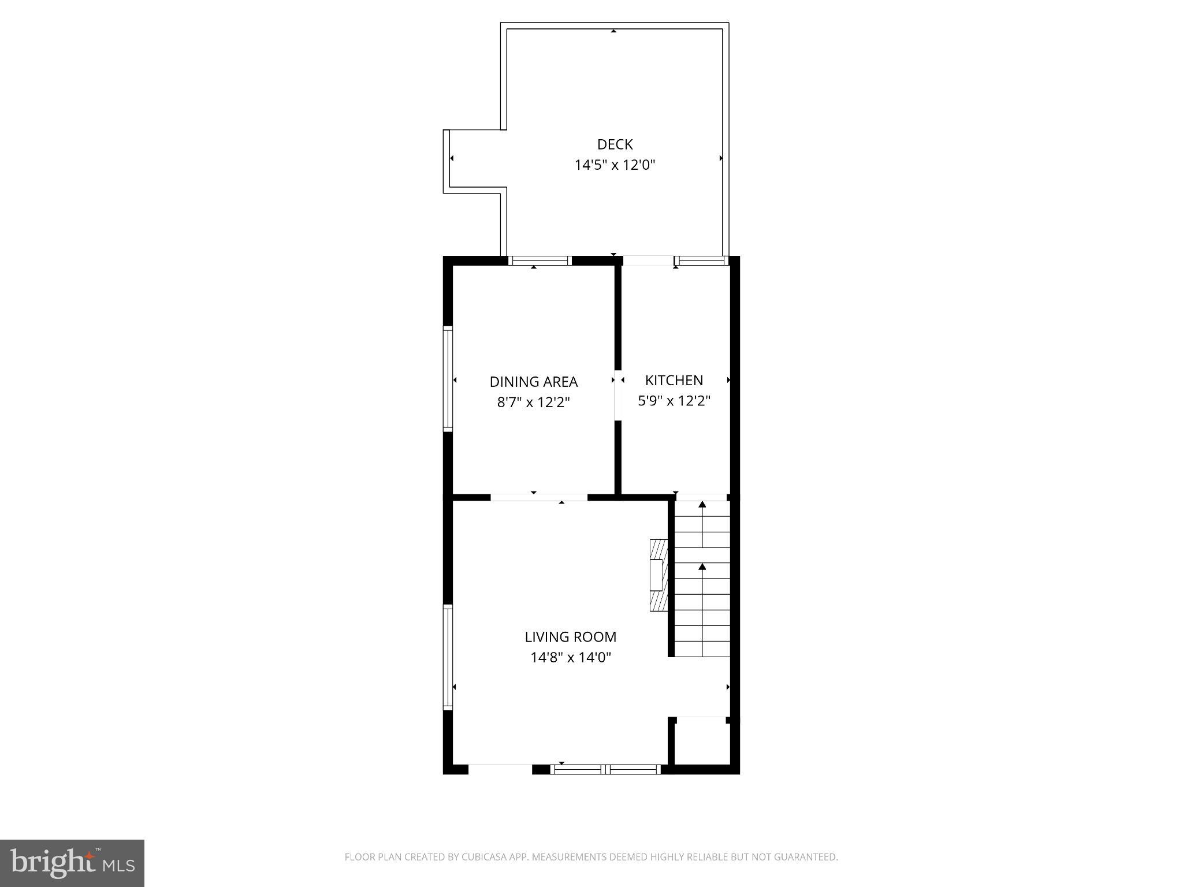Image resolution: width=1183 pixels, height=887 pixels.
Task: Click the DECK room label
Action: (x=615, y=144)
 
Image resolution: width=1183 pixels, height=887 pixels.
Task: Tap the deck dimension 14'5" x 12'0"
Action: (x=615, y=165)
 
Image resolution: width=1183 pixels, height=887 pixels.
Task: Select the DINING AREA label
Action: (x=533, y=382)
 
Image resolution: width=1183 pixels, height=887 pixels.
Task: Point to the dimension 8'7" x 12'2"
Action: (x=533, y=402)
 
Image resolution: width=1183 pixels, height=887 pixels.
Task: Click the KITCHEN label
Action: (x=674, y=381)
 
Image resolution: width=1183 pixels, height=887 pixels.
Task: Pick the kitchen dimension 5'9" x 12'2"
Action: (x=674, y=401)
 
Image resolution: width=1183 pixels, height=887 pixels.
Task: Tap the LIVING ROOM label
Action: (x=570, y=637)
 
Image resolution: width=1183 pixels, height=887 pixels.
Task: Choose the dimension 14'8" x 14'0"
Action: (x=570, y=657)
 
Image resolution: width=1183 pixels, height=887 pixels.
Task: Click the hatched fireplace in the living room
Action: (x=659, y=575)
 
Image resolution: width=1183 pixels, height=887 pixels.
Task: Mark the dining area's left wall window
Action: (x=448, y=378)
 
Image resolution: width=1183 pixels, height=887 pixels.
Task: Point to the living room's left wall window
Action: (x=448, y=657)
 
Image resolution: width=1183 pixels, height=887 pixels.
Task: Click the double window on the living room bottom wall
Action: (x=605, y=769)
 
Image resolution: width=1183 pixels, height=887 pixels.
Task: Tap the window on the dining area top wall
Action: (x=540, y=260)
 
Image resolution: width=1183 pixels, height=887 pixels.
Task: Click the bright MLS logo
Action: (x=72, y=863)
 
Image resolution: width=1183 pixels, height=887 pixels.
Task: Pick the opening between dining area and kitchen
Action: (x=617, y=395)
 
